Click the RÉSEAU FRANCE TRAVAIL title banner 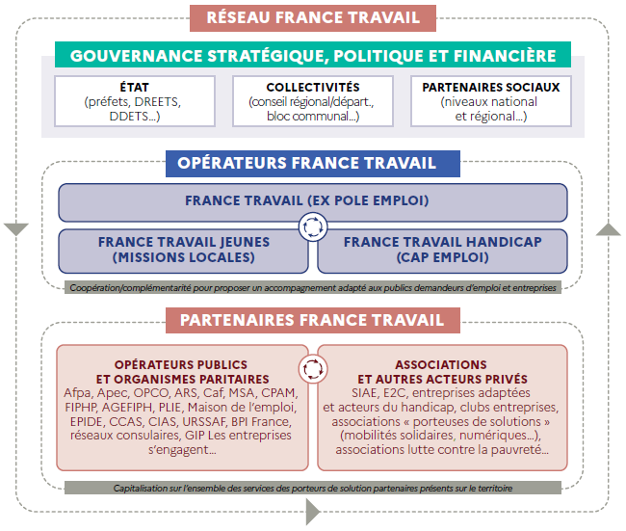coord(313,17)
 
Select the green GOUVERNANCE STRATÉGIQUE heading coord(313,55)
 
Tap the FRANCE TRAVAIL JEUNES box coord(183,250)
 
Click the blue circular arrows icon coord(313,227)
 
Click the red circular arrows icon coord(313,368)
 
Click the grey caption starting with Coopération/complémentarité coord(313,287)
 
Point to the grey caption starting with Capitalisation coord(313,489)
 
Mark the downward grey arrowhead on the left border coord(16,229)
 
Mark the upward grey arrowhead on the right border coord(609,229)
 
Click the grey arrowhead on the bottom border coord(311,514)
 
